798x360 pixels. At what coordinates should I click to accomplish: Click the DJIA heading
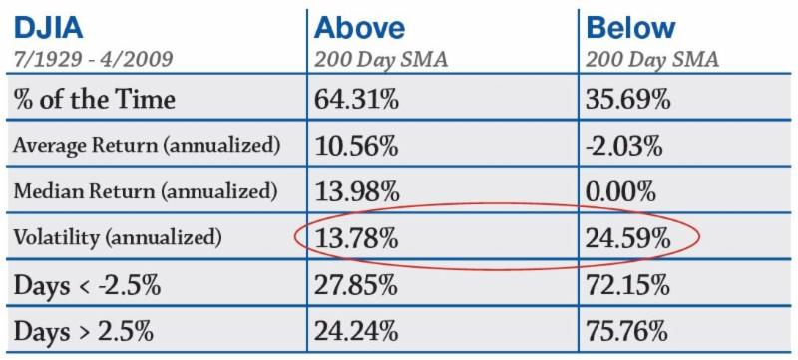(x=49, y=28)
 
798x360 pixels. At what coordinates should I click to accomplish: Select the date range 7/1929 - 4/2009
(x=94, y=59)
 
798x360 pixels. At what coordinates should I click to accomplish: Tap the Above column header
(x=359, y=28)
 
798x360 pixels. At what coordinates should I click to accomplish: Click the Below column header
(x=631, y=28)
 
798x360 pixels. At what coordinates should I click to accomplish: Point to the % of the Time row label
(x=95, y=98)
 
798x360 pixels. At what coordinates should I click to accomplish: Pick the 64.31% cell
(x=356, y=99)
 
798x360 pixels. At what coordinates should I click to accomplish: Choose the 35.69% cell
(x=627, y=99)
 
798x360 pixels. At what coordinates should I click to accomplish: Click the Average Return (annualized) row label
(x=147, y=146)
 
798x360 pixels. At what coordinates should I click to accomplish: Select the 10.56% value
(x=356, y=147)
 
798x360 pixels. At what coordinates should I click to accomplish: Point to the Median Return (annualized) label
(x=146, y=191)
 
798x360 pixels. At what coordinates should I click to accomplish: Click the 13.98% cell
(x=356, y=191)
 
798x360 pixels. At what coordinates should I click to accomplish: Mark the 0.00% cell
(x=619, y=191)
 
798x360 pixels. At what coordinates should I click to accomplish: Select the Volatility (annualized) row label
(x=118, y=238)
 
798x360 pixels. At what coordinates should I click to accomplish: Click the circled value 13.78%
(x=356, y=238)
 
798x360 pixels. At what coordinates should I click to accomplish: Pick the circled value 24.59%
(x=627, y=238)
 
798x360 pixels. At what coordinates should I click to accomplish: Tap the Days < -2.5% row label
(x=87, y=286)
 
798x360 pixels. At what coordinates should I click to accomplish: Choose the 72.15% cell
(x=627, y=286)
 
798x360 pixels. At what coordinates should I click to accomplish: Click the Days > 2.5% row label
(x=84, y=332)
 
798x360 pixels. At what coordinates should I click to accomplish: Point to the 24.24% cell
(x=356, y=332)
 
